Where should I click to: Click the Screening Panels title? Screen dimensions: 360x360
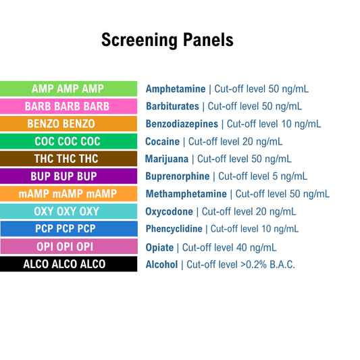168,40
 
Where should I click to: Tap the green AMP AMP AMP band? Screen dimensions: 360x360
67,88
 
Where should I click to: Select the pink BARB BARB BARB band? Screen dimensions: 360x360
67,106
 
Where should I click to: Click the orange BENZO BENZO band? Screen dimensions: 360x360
67,124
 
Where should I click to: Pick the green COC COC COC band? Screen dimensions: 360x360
67,141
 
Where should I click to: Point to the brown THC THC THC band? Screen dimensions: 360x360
67,159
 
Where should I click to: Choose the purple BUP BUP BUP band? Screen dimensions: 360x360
67,176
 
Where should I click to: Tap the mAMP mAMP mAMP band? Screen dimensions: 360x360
67,194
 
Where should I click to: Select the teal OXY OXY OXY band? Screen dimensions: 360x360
67,211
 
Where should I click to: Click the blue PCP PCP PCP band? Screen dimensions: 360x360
67,229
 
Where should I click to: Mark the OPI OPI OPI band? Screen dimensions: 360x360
67,247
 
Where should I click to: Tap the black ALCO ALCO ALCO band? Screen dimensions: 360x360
67,264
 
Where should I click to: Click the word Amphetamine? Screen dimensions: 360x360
176,89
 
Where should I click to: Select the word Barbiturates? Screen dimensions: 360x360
172,107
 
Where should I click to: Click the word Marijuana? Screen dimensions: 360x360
167,159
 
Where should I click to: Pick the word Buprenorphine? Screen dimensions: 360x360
178,177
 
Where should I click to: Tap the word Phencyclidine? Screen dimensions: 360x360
173,230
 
